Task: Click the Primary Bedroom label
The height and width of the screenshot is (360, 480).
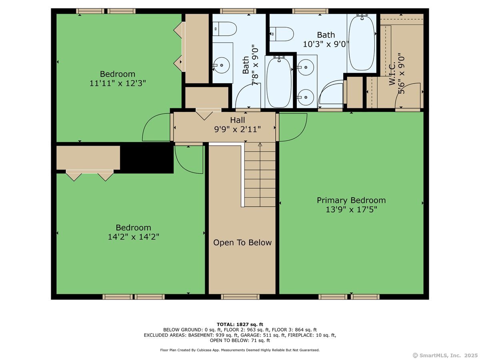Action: click(351, 200)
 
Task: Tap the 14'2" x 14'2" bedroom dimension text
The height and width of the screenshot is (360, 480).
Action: click(133, 237)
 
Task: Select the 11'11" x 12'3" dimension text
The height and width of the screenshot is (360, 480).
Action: click(118, 83)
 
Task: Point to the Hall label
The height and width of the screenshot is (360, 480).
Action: click(238, 120)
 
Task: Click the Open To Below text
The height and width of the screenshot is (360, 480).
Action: click(242, 242)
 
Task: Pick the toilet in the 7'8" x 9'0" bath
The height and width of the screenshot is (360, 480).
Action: click(224, 29)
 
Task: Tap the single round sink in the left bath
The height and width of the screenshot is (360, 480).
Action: click(221, 65)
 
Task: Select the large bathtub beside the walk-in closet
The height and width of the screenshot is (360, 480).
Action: click(362, 42)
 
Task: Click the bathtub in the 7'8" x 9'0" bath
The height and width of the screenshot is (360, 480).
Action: click(279, 82)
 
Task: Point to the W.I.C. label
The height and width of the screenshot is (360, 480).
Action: click(392, 74)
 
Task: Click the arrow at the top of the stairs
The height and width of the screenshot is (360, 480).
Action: click(260, 144)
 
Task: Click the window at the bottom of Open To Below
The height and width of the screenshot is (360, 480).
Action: click(240, 297)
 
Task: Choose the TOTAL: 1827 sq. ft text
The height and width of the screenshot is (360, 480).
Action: click(240, 324)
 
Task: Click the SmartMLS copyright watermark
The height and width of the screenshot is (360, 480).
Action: click(445, 355)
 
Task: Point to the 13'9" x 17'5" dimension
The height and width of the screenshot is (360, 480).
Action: click(352, 210)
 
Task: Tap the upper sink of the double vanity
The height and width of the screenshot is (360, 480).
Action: click(306, 67)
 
